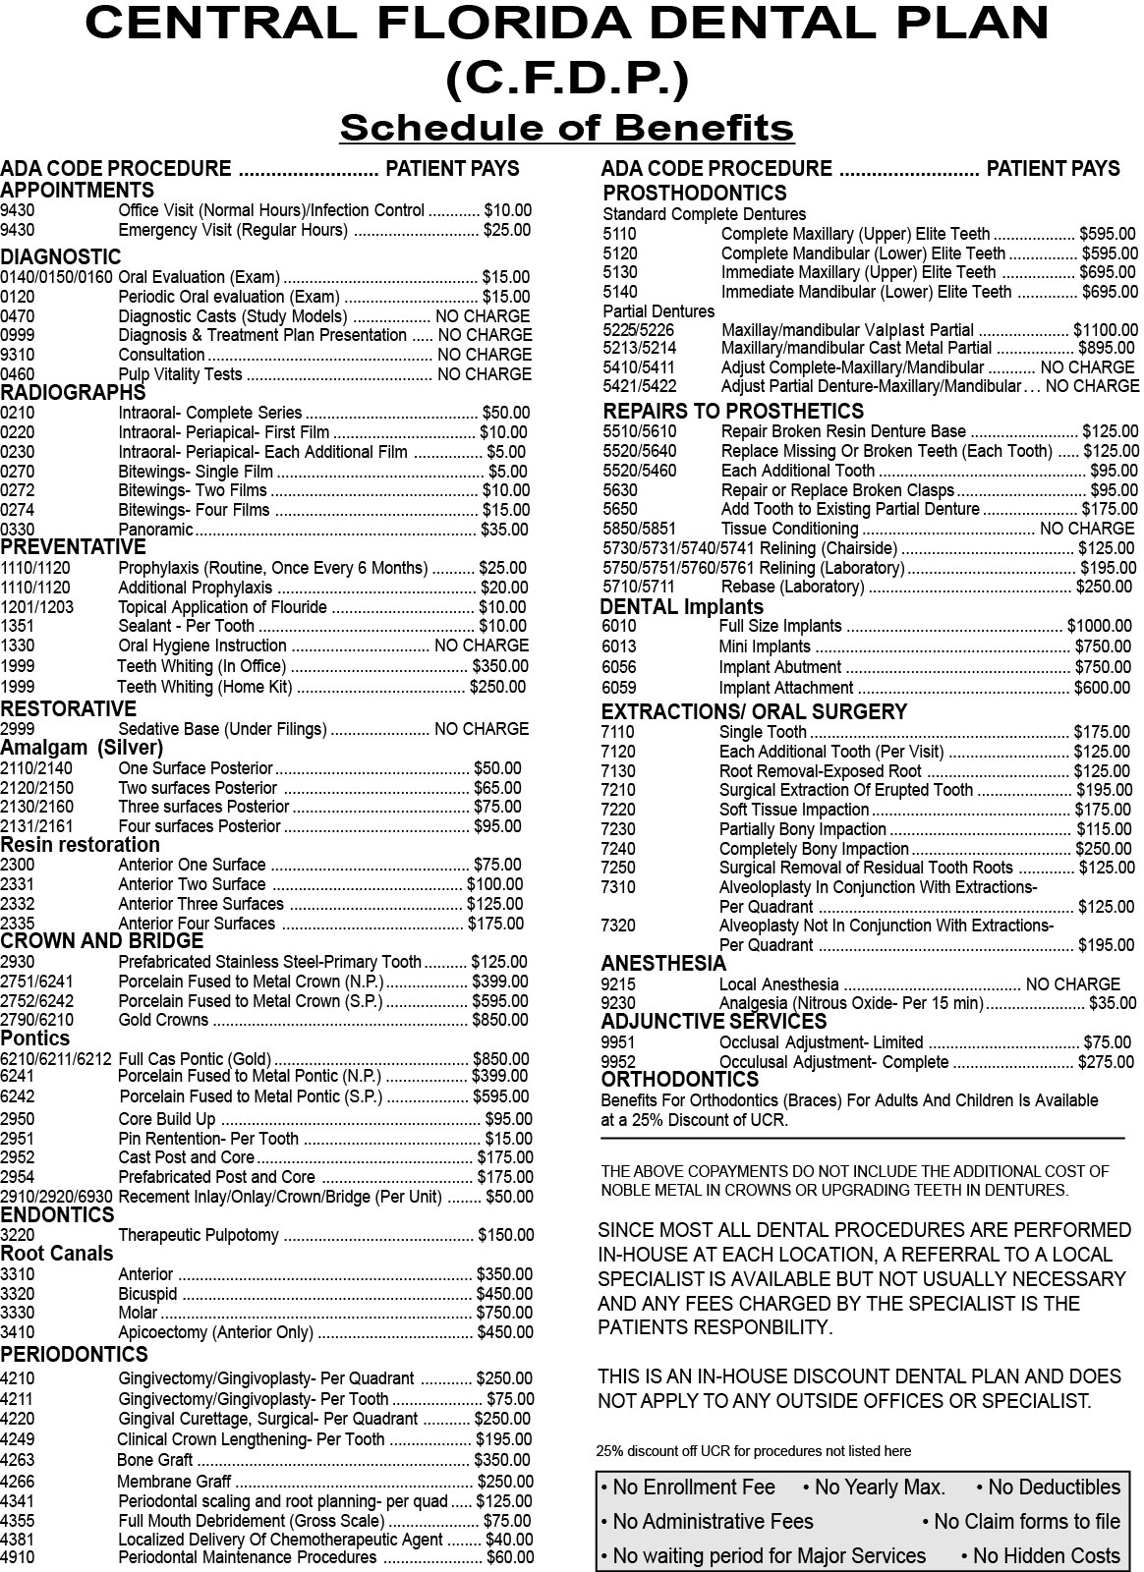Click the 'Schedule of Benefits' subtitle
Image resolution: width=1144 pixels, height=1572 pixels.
click(x=566, y=128)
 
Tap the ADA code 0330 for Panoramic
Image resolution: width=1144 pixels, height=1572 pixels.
click(x=17, y=530)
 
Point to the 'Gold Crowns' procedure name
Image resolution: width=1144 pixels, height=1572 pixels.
click(x=163, y=1020)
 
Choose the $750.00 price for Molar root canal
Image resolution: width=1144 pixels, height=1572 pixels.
click(x=504, y=1313)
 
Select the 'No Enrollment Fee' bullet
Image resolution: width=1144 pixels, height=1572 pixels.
click(x=688, y=1488)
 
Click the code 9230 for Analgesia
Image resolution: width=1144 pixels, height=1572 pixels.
click(x=618, y=1003)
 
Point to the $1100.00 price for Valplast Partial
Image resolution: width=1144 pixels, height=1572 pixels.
click(x=1106, y=330)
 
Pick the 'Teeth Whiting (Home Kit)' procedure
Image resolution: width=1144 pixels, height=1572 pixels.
click(x=205, y=687)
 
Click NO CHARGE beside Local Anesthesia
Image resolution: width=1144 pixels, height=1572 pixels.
click(x=1072, y=983)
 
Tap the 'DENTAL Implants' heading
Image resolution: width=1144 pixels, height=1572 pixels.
click(x=681, y=607)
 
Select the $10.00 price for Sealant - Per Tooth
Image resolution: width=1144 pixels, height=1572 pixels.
click(x=502, y=626)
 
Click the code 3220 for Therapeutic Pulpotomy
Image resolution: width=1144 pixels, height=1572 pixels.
click(x=17, y=1235)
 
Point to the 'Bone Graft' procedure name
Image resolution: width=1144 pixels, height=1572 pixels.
click(x=155, y=1460)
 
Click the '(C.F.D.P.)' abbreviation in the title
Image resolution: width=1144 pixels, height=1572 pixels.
click(x=567, y=79)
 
